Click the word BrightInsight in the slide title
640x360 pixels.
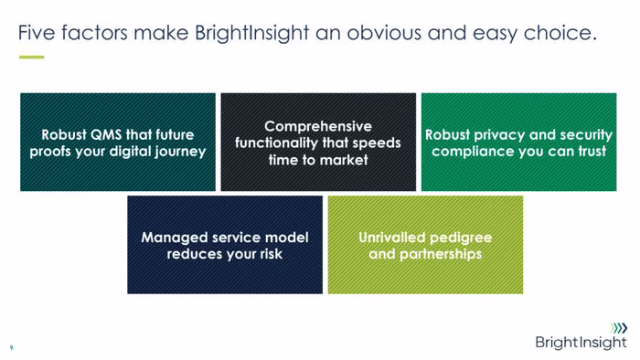[x=251, y=33]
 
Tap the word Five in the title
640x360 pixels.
[x=37, y=32]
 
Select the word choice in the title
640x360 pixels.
[x=560, y=32]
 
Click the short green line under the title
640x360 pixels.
[x=31, y=57]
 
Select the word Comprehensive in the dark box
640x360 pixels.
[x=318, y=126]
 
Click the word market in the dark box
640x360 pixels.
[x=344, y=160]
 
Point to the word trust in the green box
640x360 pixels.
[x=592, y=152]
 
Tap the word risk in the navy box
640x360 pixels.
[x=271, y=254]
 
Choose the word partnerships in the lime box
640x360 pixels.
[x=441, y=254]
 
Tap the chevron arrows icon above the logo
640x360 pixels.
[x=619, y=328]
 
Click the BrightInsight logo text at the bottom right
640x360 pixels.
[x=581, y=343]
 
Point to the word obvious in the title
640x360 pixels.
[x=384, y=32]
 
